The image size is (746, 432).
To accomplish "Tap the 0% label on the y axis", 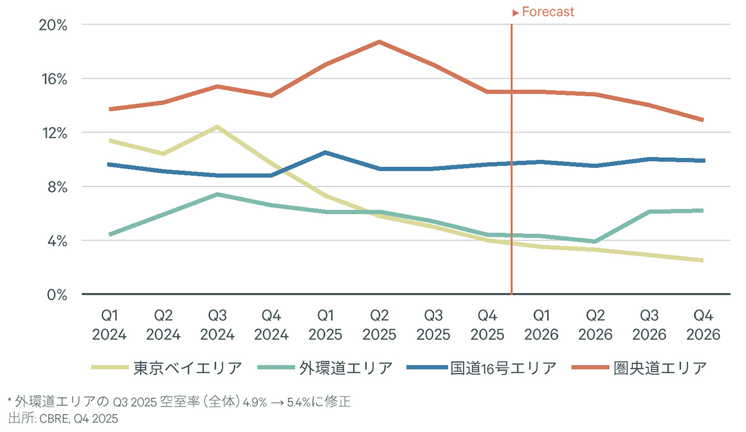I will tap(57, 294).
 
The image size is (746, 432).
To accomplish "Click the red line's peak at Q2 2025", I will tap(379, 42).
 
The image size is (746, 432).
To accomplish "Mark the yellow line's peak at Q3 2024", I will tap(217, 127).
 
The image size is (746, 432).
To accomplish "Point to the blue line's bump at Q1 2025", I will tap(325, 152).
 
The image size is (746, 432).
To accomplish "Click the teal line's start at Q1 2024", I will tap(110, 234).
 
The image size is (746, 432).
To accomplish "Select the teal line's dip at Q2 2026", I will tap(594, 241).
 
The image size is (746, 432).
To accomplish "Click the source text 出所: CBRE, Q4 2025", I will tap(63, 418).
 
